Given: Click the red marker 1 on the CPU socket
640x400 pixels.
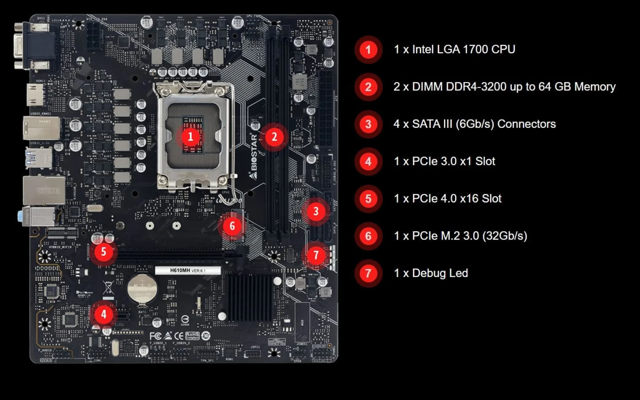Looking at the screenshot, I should [x=190, y=137].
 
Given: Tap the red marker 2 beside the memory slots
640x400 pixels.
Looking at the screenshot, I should [x=274, y=137].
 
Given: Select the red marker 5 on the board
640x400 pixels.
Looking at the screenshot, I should [x=103, y=252].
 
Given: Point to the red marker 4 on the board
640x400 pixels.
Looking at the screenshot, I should [x=103, y=314].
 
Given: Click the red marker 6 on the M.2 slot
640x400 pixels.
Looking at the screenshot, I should [x=232, y=226].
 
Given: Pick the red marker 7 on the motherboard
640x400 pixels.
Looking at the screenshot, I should [x=316, y=255].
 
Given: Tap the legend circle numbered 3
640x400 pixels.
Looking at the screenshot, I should [x=368, y=124].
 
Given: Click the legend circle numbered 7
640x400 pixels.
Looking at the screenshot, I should [x=368, y=273].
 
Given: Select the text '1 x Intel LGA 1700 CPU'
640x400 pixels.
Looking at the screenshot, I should [x=454, y=49].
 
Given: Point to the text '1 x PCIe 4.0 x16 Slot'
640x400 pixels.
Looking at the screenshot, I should [x=447, y=199].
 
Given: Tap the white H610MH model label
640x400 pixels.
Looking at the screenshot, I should [x=188, y=271].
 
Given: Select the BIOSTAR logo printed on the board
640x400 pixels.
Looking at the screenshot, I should [x=253, y=156].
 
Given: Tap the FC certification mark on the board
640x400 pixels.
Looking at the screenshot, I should [x=155, y=336].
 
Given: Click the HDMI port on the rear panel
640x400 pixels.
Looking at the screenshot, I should [x=35, y=95].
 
